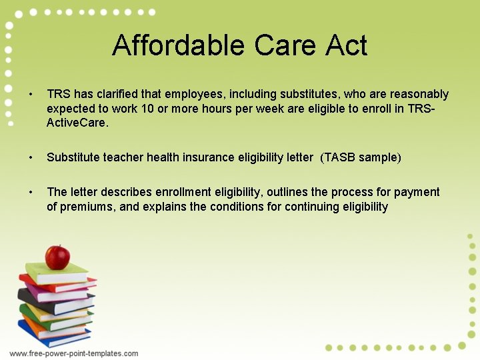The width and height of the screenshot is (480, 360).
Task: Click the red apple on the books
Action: [57, 256]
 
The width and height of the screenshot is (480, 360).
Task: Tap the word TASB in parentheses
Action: [339, 157]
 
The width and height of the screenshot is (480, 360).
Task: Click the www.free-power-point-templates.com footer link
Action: [74, 353]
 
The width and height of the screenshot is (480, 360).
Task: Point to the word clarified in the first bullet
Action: [119, 94]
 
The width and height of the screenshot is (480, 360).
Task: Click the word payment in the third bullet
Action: [417, 192]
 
